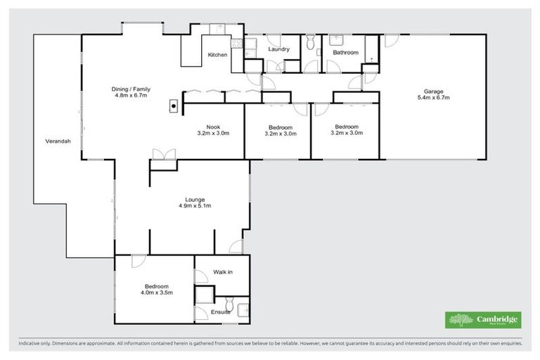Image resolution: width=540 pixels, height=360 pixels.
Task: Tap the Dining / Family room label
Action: pos(131,89)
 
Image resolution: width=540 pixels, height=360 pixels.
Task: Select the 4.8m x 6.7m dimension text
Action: pos(131,96)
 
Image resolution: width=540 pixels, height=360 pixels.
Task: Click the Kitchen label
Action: pos(217,55)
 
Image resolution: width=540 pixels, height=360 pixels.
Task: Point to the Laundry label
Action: pos(279,49)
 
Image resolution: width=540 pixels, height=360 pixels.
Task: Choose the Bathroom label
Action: pos(346,53)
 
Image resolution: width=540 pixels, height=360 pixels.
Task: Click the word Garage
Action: pos(433,90)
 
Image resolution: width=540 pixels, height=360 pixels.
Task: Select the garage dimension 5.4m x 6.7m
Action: pos(433,97)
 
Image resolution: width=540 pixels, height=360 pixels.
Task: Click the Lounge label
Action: pos(194,200)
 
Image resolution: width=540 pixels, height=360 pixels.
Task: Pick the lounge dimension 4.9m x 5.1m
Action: pos(194,207)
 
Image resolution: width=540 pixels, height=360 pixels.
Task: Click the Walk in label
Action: pos(223,271)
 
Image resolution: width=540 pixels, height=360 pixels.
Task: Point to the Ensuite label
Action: pos(221,311)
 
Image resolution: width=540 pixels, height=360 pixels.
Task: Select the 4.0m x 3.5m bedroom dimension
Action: pos(156,293)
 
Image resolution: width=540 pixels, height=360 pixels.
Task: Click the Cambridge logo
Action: pos(484,320)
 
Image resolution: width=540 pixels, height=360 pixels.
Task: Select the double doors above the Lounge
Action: pos(163,155)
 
